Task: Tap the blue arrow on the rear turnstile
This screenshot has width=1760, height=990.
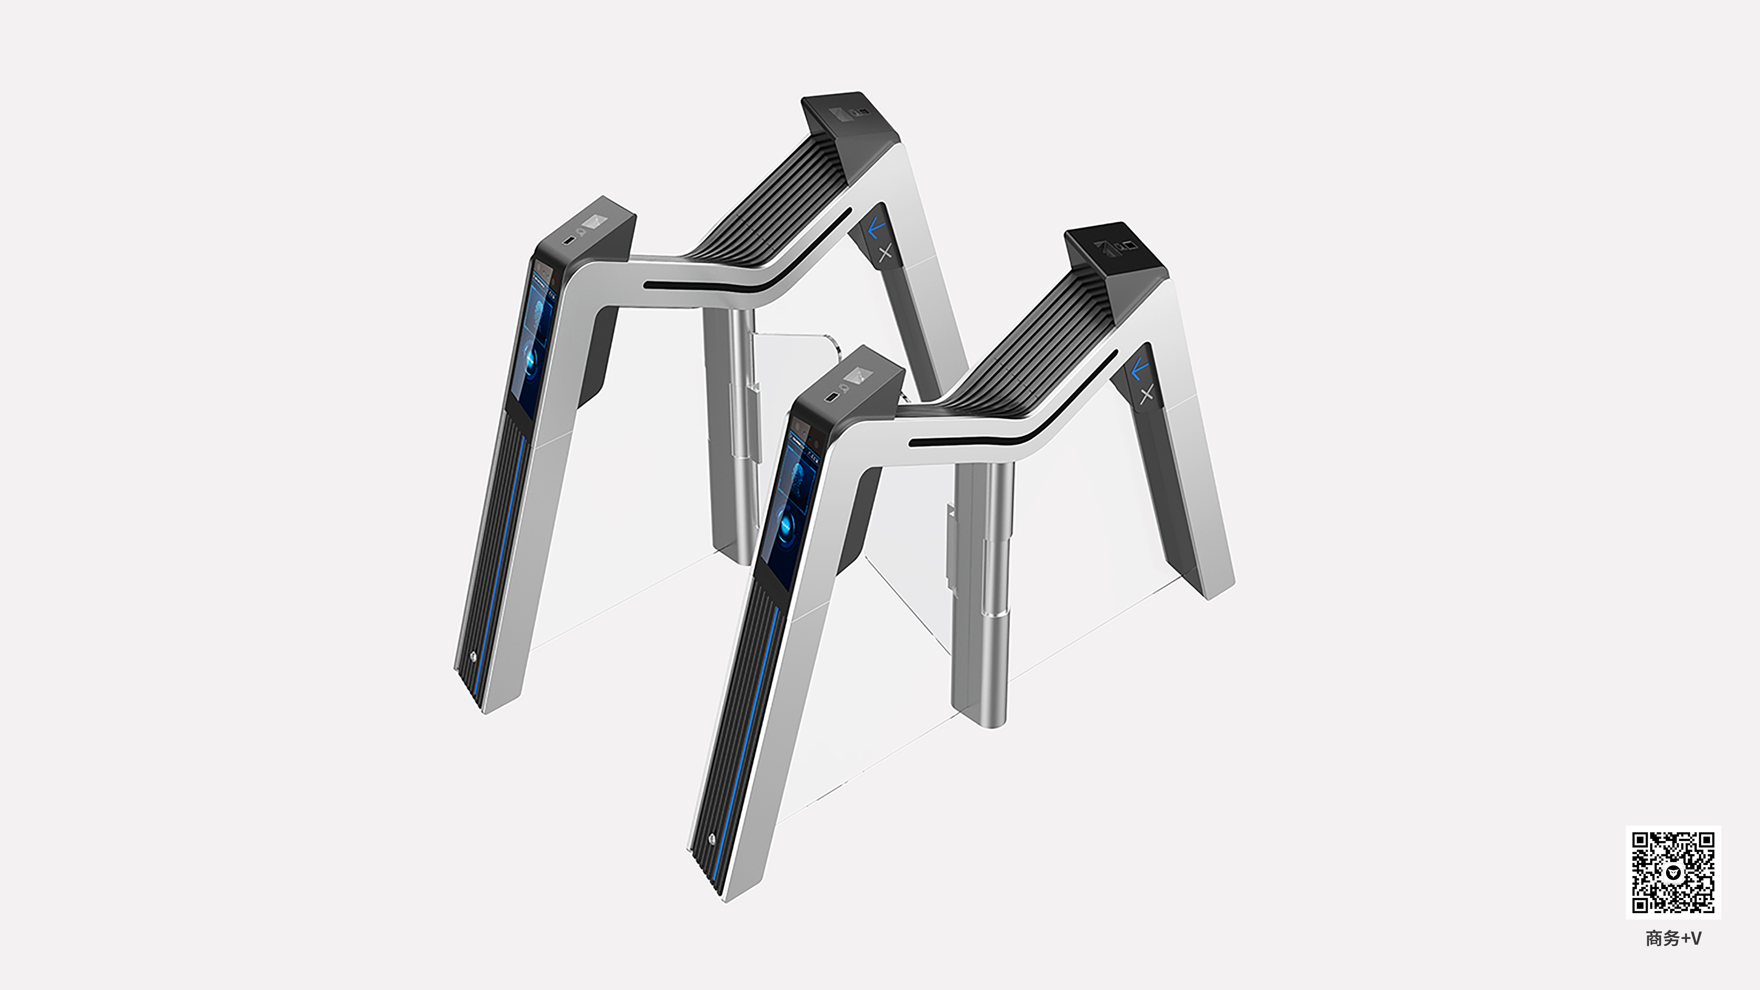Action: click(x=876, y=227)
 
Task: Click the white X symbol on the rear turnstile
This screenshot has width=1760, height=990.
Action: click(x=885, y=253)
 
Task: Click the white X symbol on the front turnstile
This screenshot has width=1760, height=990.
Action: click(x=1147, y=393)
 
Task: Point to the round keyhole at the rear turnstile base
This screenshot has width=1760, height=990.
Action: click(x=473, y=656)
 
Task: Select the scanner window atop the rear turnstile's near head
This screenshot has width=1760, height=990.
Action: click(x=594, y=222)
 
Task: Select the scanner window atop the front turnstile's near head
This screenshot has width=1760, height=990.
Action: click(x=856, y=375)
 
